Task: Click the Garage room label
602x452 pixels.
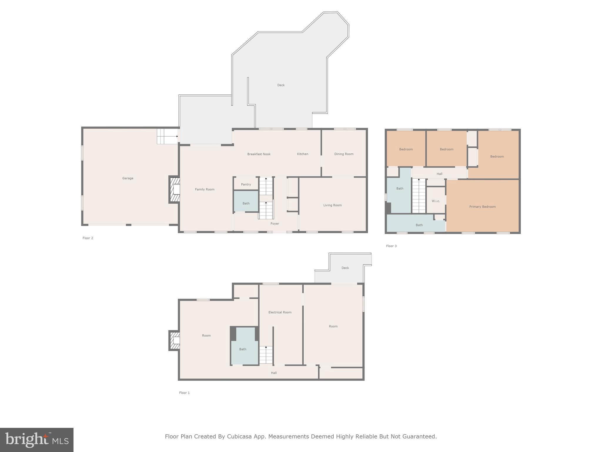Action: coord(128,178)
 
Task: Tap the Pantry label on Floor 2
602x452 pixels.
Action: coord(246,184)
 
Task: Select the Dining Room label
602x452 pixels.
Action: coord(344,154)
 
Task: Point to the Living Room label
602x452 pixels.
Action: coord(332,205)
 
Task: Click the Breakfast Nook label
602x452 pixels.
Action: coord(259,154)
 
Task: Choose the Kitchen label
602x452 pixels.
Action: coord(302,154)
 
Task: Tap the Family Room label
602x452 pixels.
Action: coord(205,189)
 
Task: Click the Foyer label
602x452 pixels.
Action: coord(275,224)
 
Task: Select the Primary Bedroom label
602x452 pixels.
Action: coord(482,207)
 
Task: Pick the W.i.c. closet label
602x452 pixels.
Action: coord(436,201)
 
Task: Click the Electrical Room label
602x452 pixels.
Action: coord(280,312)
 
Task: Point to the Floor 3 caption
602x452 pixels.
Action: coord(391,246)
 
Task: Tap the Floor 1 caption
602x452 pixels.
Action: coord(184,393)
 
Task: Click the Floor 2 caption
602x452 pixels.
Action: coord(88,238)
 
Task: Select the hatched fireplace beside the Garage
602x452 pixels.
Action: coord(174,189)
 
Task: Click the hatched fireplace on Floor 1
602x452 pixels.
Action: coord(174,340)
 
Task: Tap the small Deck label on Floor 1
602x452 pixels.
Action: coord(345,268)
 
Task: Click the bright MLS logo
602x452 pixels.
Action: coord(37,440)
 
